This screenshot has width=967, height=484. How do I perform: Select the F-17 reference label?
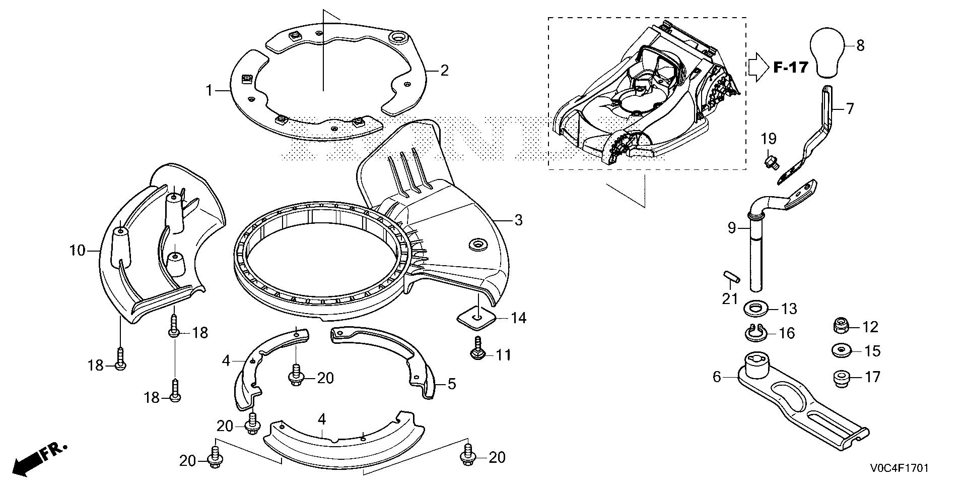[790, 67]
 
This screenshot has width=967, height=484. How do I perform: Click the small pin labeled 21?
[728, 278]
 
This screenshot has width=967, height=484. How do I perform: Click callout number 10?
[78, 250]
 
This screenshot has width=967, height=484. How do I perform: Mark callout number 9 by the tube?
[732, 228]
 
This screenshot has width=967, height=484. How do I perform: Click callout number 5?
[452, 384]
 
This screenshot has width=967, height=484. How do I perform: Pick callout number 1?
[209, 91]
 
